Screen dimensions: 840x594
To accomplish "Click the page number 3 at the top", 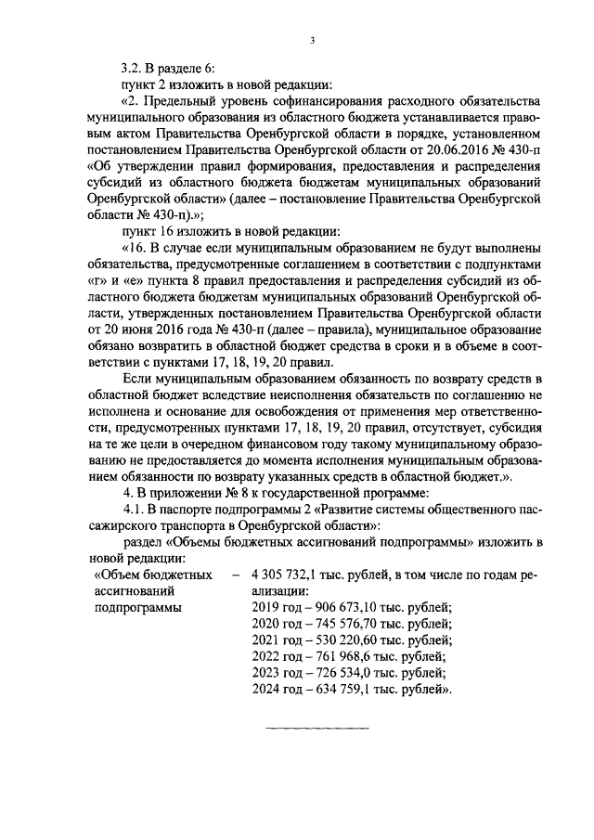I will [313, 40].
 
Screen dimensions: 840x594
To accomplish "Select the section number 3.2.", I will [135, 68].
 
